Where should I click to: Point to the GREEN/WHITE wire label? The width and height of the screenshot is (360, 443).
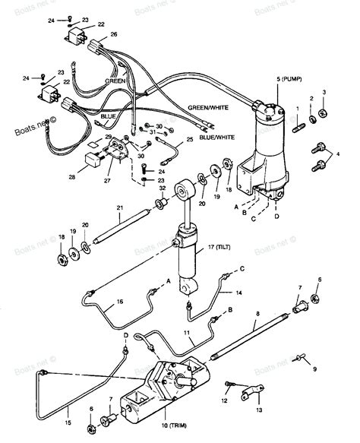coord(207,109)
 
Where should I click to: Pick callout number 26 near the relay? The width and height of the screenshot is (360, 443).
coord(114,34)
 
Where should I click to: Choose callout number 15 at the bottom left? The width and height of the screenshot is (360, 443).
coord(68,422)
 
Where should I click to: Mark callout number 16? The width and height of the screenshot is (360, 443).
coord(119,302)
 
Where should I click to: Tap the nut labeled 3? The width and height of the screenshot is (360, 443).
coord(324,113)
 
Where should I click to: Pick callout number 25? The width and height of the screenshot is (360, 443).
coord(189,141)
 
